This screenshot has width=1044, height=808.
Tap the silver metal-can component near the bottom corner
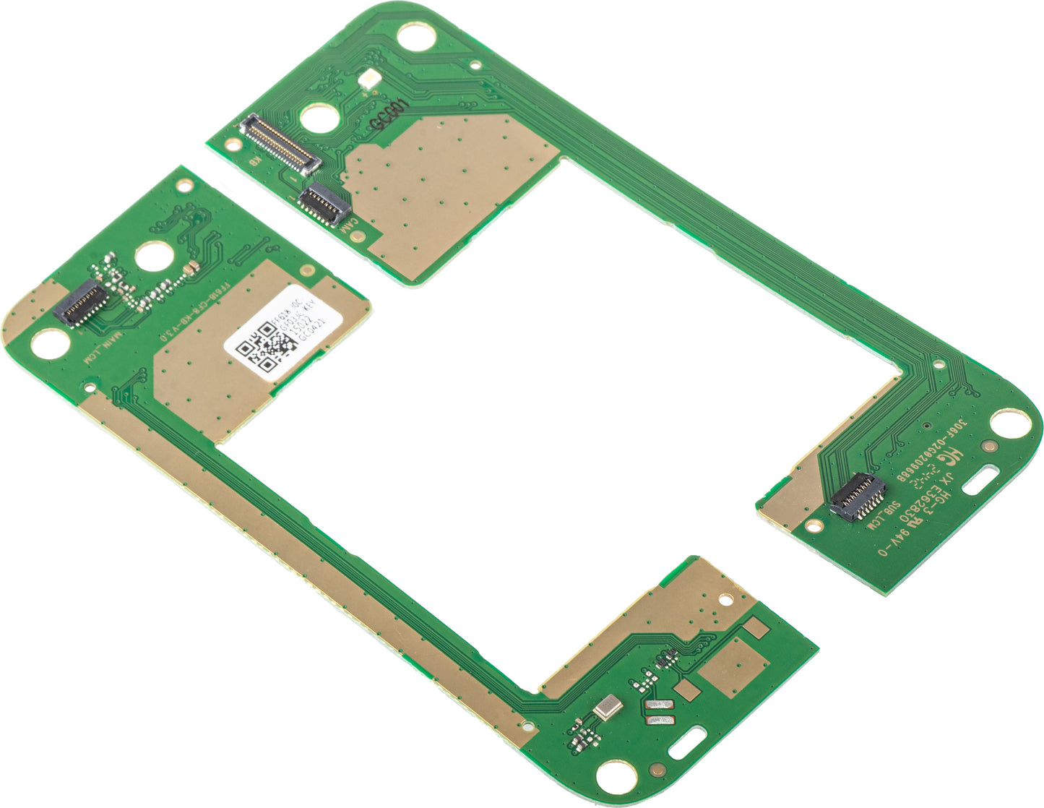click(x=608, y=706)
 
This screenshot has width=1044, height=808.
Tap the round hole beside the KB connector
click(x=319, y=116)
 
